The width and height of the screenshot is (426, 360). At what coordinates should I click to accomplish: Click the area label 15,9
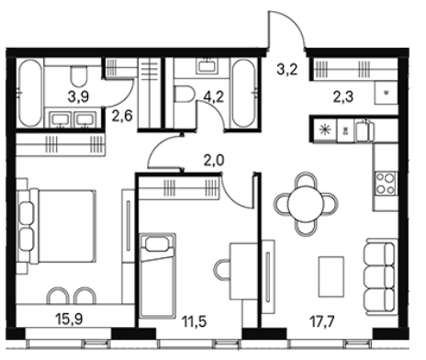[70, 320]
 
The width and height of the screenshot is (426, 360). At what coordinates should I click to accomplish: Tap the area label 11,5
[194, 321]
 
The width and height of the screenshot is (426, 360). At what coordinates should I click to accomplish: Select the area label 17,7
[322, 321]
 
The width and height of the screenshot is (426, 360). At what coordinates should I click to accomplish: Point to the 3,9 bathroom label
[78, 96]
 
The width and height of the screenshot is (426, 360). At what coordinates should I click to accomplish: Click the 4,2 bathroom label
[214, 96]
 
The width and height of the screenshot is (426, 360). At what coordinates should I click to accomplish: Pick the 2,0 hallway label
[214, 161]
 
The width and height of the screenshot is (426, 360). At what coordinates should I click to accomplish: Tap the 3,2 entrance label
[287, 70]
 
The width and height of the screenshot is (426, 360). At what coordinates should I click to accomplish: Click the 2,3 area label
[343, 96]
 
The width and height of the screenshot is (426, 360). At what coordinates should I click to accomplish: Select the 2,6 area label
[122, 117]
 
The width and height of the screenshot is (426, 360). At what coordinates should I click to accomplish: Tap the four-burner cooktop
[386, 183]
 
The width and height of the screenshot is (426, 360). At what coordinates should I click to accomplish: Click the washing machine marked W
[387, 93]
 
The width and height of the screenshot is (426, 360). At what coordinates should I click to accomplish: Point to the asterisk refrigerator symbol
[323, 130]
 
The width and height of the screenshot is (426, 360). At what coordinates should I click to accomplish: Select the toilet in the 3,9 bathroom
[79, 76]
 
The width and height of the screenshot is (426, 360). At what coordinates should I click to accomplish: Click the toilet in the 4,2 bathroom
[185, 94]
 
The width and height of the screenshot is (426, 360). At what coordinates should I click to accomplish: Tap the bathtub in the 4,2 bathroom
[243, 93]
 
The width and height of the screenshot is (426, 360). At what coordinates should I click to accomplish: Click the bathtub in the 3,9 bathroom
[30, 93]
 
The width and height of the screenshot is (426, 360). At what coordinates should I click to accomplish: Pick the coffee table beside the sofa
[331, 276]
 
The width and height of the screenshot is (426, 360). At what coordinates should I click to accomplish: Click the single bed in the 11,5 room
[158, 276]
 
